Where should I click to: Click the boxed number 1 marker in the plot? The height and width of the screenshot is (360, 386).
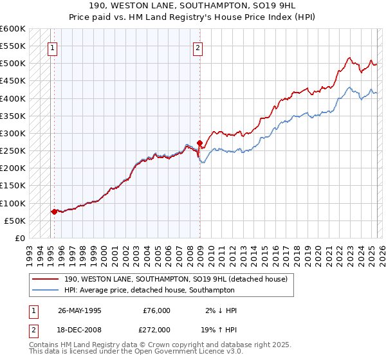[51, 47]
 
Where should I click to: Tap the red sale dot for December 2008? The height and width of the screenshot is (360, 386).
[199, 143]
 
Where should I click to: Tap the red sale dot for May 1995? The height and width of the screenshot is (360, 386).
[54, 212]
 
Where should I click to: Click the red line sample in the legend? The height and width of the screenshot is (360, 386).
[45, 279]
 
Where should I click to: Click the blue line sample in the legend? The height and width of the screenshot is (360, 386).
[45, 290]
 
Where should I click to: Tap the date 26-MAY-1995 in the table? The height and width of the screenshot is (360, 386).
[80, 310]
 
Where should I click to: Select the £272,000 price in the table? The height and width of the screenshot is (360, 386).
[157, 328]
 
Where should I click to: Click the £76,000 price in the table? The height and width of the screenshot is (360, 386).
[157, 310]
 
